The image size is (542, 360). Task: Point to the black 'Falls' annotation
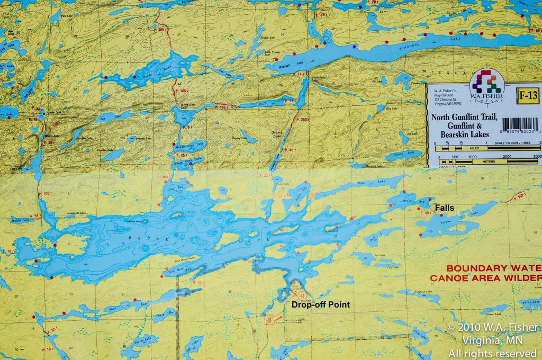[x=443, y=209]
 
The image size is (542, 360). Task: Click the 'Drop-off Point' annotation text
[x=321, y=304]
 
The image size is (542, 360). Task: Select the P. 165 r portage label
[x=181, y=92]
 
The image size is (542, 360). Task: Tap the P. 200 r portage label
[x=302, y=120]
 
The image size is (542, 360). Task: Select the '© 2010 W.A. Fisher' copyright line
[x=492, y=327]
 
